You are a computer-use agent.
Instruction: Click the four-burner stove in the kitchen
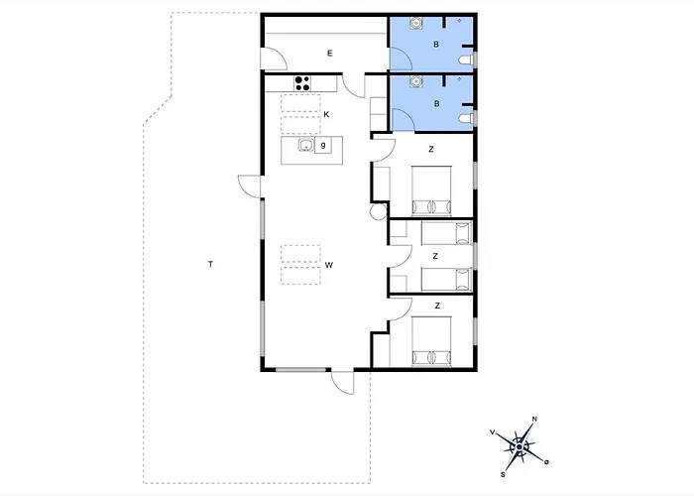(302, 83)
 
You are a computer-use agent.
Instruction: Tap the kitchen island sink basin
(305, 145)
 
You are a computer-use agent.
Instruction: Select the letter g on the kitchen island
(323, 145)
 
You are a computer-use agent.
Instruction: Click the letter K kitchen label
(326, 115)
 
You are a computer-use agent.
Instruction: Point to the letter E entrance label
(330, 54)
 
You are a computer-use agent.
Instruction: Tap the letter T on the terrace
(210, 265)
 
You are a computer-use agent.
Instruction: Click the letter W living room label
(329, 265)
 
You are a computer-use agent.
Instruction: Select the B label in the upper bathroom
(436, 45)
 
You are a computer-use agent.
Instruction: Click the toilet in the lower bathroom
(466, 118)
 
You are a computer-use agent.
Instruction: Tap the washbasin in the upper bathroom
(416, 23)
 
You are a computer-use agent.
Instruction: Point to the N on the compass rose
(534, 419)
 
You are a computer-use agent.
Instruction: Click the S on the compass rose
(503, 475)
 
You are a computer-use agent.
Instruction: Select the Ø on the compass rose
(547, 462)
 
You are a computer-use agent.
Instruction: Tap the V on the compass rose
(492, 432)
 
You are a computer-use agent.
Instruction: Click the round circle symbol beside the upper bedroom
(379, 211)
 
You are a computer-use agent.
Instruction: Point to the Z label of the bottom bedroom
(438, 306)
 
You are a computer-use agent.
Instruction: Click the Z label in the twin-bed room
(435, 256)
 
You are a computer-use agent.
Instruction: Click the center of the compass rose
(520, 447)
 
